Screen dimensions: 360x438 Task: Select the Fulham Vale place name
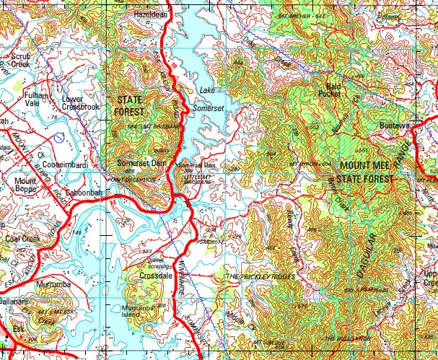[37, 99]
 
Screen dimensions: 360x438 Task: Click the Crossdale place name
[156, 276]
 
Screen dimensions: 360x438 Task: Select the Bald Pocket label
[329, 89]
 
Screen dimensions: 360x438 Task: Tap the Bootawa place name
[395, 126]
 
